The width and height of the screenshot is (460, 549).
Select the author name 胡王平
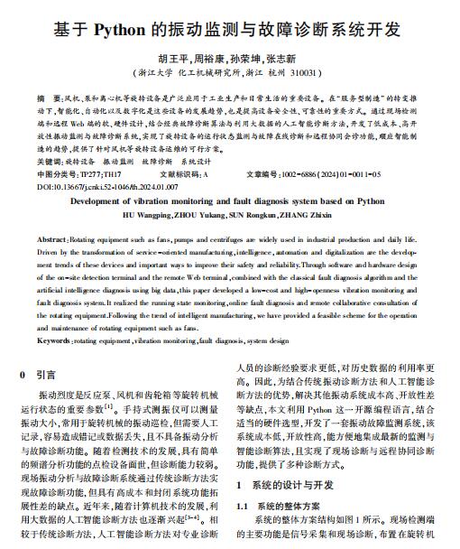click(175, 55)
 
